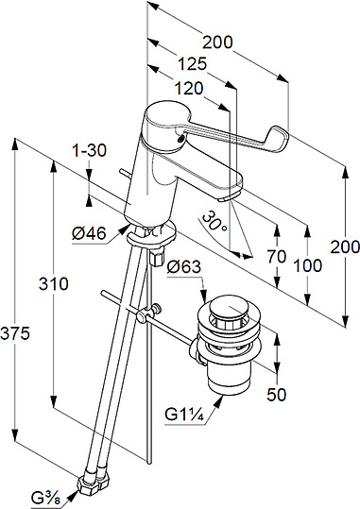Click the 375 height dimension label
pyautogui.click(x=15, y=333)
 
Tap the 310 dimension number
pyautogui.click(x=54, y=283)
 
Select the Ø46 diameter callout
pyautogui.click(x=89, y=233)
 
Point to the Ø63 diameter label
pyautogui.click(x=184, y=267)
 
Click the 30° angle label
pyautogui.click(x=214, y=221)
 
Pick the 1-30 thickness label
pyautogui.click(x=89, y=150)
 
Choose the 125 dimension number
pyautogui.click(x=193, y=63)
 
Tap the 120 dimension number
pyautogui.click(x=189, y=89)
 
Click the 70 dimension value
pyautogui.click(x=277, y=256)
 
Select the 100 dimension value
pyautogui.click(x=308, y=265)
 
